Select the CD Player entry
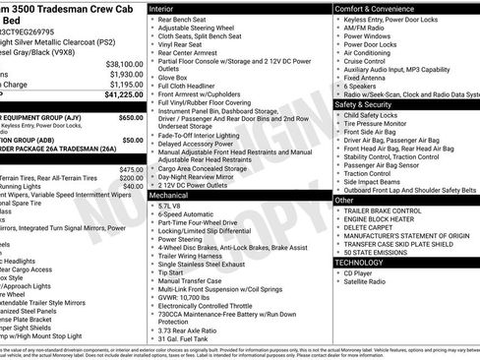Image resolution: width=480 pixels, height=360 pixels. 360,272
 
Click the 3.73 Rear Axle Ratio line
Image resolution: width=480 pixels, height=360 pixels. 192,330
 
